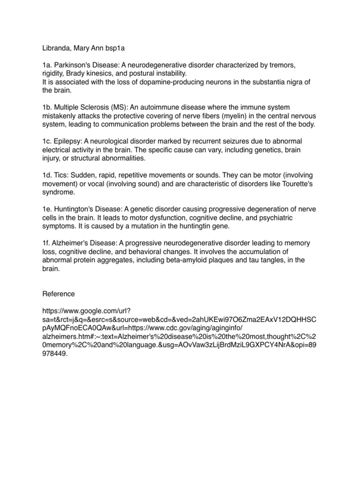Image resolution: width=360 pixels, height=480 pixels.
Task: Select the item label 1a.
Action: [x=48, y=65]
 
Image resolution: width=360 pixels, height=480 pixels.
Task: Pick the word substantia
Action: [x=271, y=82]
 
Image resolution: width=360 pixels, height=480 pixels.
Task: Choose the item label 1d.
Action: [x=48, y=175]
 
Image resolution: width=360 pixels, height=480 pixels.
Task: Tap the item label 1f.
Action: [x=47, y=243]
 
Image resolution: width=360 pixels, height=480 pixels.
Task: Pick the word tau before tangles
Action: [x=251, y=260]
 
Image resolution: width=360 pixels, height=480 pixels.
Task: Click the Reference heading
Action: [x=59, y=294]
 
